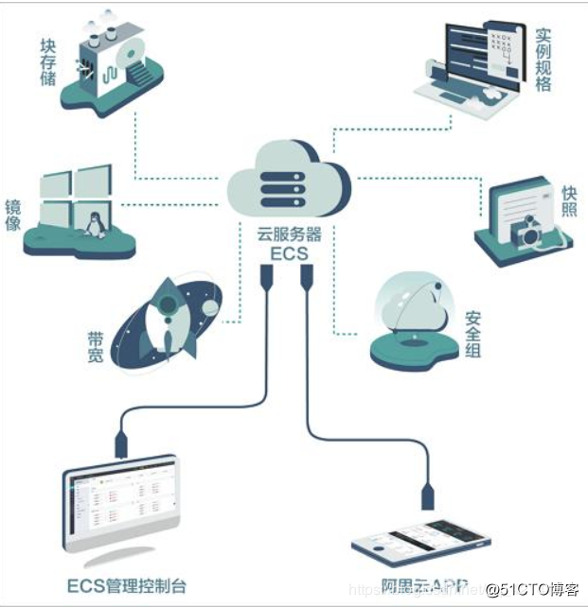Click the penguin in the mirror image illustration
point(94,224)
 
